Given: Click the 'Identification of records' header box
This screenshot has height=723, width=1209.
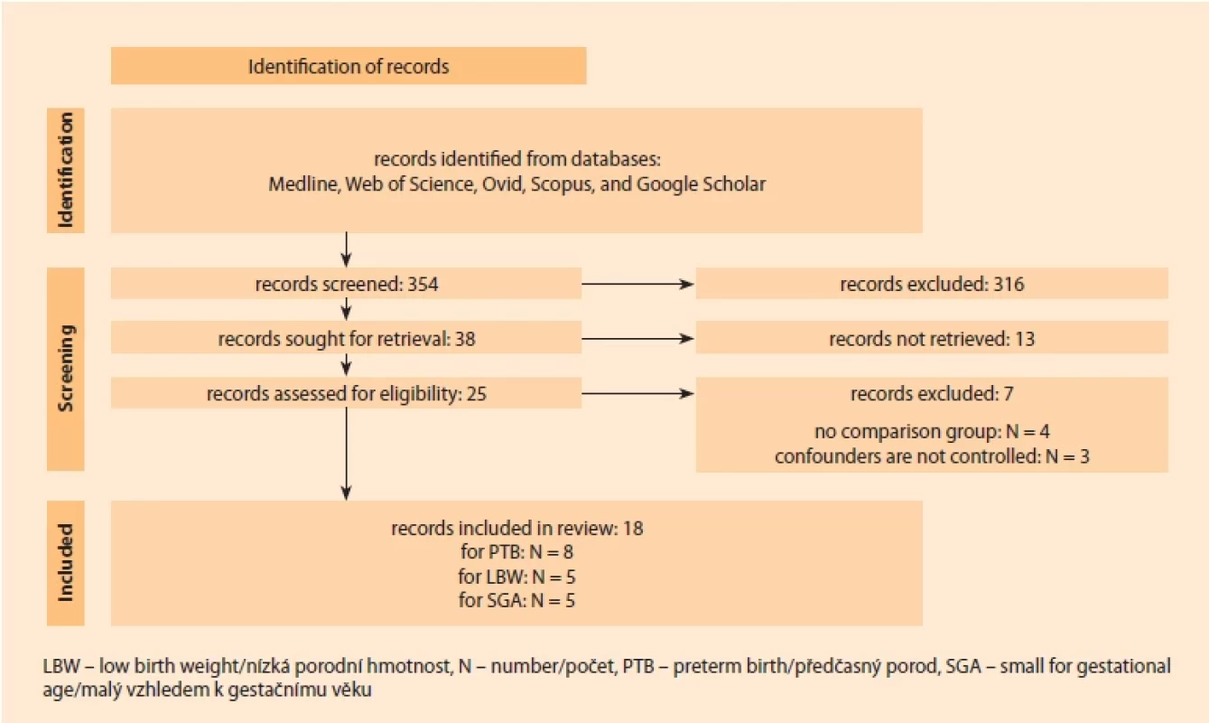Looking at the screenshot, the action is point(349,65).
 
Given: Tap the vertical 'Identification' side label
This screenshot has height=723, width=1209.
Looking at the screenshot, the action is point(65,170).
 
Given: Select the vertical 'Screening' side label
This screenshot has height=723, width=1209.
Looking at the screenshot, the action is point(65,369).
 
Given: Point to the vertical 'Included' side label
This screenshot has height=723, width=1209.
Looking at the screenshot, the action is point(65,562).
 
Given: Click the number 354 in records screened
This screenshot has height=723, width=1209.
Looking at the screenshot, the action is point(423,284).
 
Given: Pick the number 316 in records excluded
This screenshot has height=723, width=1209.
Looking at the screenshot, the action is point(1009,284).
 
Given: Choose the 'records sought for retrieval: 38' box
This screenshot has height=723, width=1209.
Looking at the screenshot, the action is point(347,338).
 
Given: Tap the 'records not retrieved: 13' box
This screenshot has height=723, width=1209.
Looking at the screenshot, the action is point(932,338).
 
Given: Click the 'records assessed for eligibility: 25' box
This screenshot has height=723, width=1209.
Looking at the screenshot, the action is point(347,393).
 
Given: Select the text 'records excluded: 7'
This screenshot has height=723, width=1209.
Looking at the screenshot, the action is point(932,394).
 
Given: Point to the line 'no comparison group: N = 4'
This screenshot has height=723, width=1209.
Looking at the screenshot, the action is point(932,432).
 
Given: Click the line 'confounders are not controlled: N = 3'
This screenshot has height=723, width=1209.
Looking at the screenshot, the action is point(932,456).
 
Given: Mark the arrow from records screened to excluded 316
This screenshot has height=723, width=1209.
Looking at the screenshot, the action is point(638,284).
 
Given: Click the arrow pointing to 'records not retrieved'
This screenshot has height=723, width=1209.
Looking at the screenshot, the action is point(638,339).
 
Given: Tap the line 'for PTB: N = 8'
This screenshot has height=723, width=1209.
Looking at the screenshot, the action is point(517,551).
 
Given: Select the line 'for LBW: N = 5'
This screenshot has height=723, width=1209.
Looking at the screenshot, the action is point(517,577).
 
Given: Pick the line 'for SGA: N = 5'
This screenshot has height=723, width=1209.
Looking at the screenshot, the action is point(517,600).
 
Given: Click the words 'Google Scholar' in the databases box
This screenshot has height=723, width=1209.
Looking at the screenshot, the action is point(702,184).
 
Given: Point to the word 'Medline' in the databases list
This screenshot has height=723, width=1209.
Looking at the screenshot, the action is point(304,184).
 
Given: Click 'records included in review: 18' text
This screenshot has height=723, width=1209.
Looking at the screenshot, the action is point(517,528).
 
